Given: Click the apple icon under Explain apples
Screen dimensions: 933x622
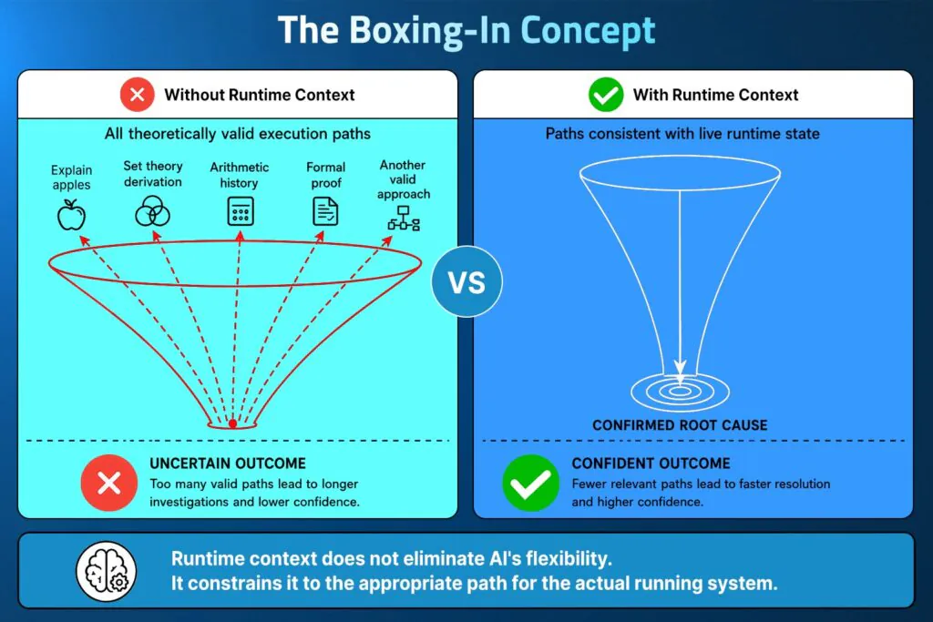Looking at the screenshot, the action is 71,215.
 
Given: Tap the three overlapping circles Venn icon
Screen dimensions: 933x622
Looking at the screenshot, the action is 153,211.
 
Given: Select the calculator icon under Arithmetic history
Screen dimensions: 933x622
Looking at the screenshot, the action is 241,211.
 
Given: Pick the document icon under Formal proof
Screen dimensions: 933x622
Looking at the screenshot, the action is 325,211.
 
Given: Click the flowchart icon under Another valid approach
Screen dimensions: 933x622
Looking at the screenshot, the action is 404,219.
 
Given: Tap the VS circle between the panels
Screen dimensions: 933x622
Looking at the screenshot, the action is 467,281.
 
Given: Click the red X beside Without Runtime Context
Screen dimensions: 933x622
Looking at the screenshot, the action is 138,95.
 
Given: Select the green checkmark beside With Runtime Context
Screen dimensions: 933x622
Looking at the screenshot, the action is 606,95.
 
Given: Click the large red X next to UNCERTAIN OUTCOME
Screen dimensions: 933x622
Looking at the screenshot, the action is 109,483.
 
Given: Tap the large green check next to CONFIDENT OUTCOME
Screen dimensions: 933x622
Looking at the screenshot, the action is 531,483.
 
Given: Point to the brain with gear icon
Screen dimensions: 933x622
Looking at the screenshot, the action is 107,571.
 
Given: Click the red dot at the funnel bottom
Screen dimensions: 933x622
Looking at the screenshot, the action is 232,423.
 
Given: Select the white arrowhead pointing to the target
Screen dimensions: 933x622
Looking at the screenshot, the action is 680,367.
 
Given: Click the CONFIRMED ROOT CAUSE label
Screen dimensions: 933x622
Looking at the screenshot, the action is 680,425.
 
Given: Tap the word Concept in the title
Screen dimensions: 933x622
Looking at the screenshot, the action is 588,31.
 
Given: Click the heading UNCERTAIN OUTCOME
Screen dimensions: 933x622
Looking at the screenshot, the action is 228,464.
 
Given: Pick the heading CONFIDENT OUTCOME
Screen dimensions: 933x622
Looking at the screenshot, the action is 651,464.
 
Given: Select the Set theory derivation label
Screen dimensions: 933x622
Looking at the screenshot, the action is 153,174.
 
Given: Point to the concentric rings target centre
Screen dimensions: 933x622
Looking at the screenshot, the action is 680,392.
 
